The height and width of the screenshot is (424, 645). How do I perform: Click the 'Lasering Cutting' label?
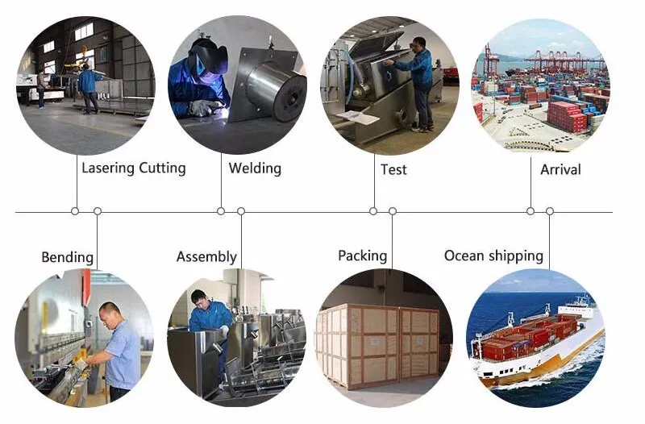133,168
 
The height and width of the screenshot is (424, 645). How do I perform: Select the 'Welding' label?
255,168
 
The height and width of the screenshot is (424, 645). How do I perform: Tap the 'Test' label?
393,169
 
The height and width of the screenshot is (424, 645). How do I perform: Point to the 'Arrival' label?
560,169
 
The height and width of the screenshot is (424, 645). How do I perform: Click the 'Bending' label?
67,257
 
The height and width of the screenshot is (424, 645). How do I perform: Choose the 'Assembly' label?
206,257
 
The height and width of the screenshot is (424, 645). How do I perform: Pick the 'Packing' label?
362,256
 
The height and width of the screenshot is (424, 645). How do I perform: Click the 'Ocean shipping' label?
493,256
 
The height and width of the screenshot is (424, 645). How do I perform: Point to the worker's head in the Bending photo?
110,313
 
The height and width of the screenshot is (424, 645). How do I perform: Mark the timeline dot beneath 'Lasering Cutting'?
75,211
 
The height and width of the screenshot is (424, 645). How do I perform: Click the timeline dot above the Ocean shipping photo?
550,211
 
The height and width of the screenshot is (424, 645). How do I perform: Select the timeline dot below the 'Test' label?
373,211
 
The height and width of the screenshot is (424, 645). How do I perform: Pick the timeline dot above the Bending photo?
98,211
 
